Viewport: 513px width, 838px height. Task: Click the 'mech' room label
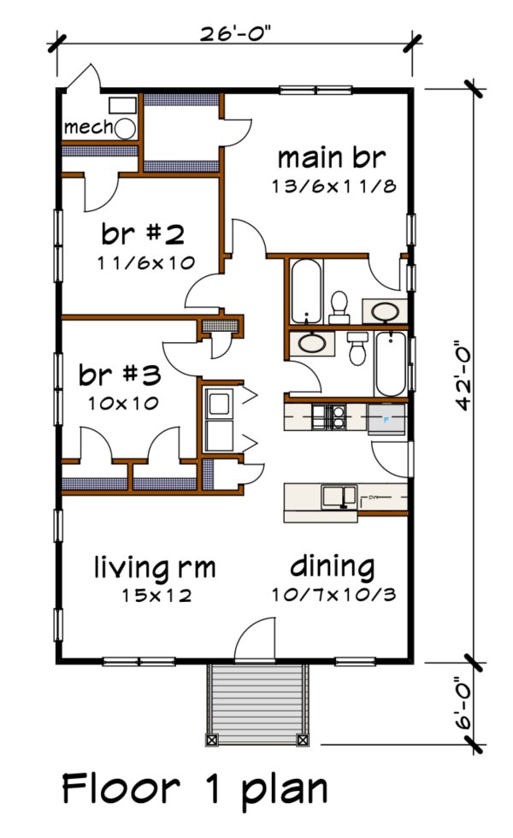pos(88,127)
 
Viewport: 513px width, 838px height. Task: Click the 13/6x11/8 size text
pos(332,186)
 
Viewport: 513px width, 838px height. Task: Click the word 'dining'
pos(332,566)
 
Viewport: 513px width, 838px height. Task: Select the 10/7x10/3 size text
pos(333,594)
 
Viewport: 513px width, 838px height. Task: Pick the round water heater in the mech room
pos(126,129)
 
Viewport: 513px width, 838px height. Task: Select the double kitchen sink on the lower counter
pos(339,495)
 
